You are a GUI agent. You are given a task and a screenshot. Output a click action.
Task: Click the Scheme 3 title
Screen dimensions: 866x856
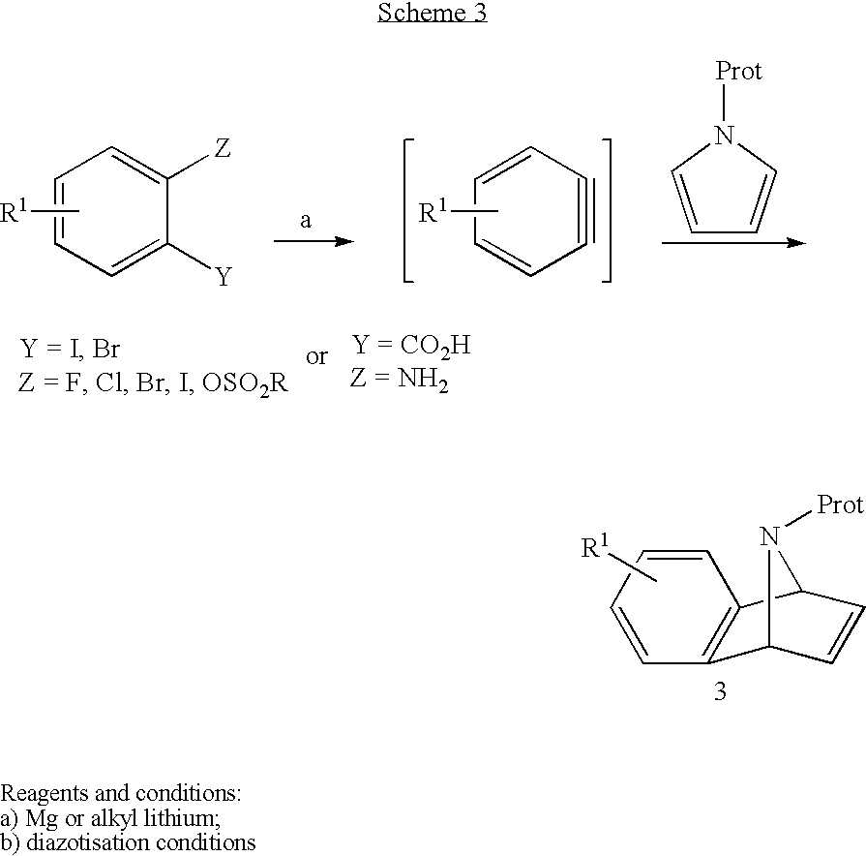point(433,13)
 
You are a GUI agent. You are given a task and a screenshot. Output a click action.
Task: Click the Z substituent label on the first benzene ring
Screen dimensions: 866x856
point(223,148)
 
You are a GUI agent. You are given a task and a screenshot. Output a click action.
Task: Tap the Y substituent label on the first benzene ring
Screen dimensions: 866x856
point(224,276)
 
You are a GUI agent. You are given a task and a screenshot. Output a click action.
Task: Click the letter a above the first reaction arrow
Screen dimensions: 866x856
point(306,220)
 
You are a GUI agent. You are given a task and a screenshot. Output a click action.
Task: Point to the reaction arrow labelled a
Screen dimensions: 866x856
point(314,241)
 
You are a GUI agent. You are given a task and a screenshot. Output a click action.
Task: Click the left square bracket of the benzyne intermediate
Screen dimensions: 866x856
point(408,210)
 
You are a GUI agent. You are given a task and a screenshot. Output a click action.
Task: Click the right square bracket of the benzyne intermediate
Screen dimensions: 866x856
point(607,210)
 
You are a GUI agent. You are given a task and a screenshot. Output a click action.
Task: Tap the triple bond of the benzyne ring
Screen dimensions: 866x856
point(586,210)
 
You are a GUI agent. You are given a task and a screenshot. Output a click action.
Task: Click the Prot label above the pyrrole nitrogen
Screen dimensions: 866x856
point(738,71)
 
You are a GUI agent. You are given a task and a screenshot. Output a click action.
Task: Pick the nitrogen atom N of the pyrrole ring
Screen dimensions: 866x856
point(725,136)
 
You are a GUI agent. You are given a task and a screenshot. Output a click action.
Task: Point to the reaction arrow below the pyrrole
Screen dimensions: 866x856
point(733,243)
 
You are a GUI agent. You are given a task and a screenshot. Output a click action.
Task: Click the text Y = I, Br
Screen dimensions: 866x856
point(70,349)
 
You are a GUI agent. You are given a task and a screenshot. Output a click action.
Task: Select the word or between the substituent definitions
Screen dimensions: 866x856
point(317,356)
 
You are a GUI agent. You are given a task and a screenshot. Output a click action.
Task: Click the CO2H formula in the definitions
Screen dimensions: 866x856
point(435,346)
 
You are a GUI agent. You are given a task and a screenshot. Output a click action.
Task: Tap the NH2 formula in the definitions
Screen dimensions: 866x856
point(423,380)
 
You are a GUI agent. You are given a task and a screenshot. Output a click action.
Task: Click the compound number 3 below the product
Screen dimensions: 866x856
point(720,690)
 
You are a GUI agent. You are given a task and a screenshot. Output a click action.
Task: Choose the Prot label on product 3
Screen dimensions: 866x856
point(840,504)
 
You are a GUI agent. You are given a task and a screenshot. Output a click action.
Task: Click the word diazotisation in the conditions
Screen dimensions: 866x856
point(90,842)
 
